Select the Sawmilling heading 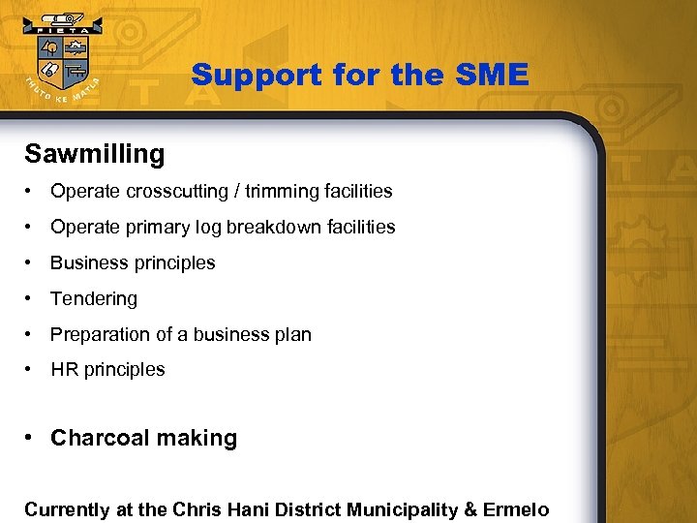click(95, 154)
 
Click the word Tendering click(94, 298)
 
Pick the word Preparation click(101, 334)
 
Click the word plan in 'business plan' click(293, 334)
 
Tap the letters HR click(63, 369)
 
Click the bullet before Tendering click(32, 298)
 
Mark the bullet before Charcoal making click(32, 438)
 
